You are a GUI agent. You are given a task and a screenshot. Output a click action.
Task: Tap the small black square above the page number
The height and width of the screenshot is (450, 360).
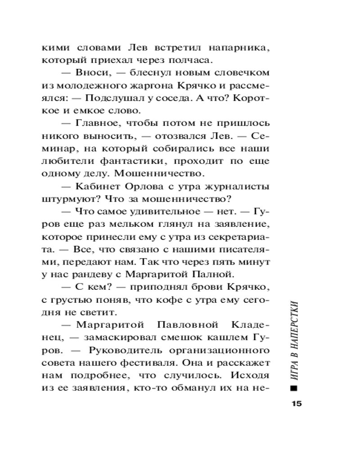pyautogui.click(x=295, y=387)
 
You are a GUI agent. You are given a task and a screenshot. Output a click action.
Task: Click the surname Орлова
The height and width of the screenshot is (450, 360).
pyautogui.click(x=152, y=186)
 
